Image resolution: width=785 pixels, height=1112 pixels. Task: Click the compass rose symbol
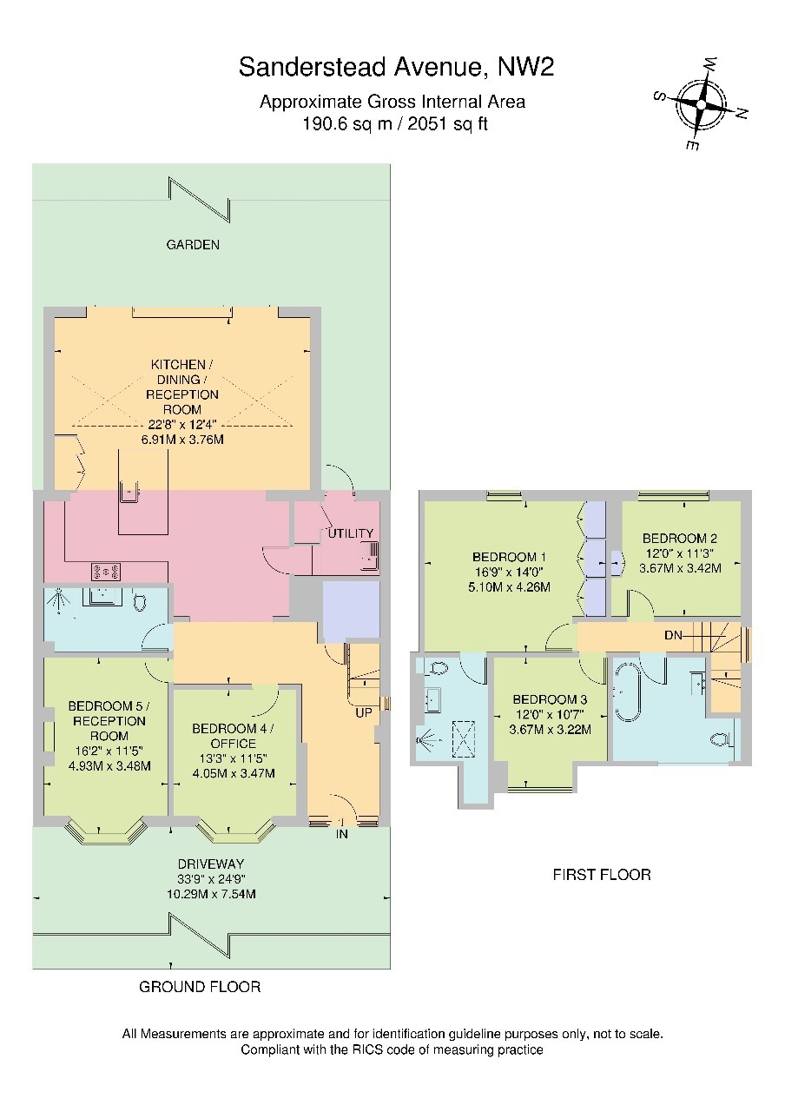click(x=700, y=105)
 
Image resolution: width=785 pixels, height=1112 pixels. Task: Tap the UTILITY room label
click(x=350, y=533)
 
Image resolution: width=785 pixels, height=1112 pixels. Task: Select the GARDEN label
click(x=193, y=245)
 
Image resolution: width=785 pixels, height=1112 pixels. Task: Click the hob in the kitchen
click(x=106, y=572)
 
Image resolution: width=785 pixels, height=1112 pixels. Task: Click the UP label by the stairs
click(x=364, y=713)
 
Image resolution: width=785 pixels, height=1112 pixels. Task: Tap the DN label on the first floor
click(x=673, y=635)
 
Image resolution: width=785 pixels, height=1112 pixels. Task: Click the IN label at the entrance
click(x=342, y=835)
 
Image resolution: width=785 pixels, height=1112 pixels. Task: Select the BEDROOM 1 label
click(x=509, y=557)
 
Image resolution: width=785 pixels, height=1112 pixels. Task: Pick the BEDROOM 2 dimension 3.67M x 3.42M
click(x=680, y=568)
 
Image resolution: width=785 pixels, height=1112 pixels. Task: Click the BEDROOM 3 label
click(x=550, y=700)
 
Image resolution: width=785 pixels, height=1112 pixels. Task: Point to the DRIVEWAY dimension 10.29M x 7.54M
click(x=211, y=894)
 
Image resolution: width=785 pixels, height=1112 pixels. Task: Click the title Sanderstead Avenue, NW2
click(x=396, y=67)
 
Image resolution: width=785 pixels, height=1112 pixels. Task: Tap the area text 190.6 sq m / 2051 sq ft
click(x=395, y=123)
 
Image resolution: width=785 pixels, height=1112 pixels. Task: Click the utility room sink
click(x=370, y=557)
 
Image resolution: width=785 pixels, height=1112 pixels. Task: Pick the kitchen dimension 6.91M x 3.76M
click(x=182, y=440)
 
